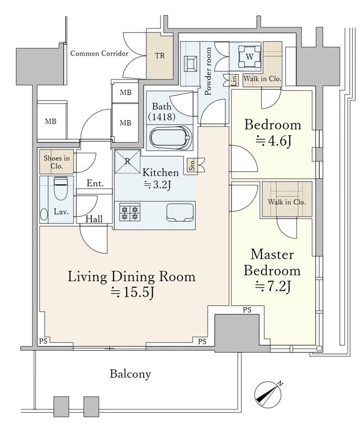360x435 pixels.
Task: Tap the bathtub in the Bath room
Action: tap(171, 138)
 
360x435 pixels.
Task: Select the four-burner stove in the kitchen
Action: tap(130, 212)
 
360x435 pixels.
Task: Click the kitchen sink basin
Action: tap(179, 213)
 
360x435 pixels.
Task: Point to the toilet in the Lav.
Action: tap(61, 188)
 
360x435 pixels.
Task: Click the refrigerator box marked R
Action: tap(128, 161)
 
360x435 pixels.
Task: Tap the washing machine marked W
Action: tap(250, 57)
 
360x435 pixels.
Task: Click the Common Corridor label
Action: tap(100, 53)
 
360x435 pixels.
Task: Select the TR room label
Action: tap(160, 56)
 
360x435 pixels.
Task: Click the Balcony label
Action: tap(131, 374)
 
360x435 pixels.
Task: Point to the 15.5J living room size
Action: tap(132, 293)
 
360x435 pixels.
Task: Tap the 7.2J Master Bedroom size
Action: tap(272, 287)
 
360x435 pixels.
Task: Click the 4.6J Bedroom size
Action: tap(273, 141)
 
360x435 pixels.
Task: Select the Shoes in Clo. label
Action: tap(57, 162)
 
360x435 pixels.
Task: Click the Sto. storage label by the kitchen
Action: tap(192, 165)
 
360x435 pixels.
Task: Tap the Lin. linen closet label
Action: tap(234, 80)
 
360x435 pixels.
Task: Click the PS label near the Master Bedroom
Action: tap(247, 310)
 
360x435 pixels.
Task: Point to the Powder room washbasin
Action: tap(191, 64)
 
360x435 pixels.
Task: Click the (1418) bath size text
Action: tap(162, 117)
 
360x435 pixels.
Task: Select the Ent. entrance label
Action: tap(95, 183)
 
